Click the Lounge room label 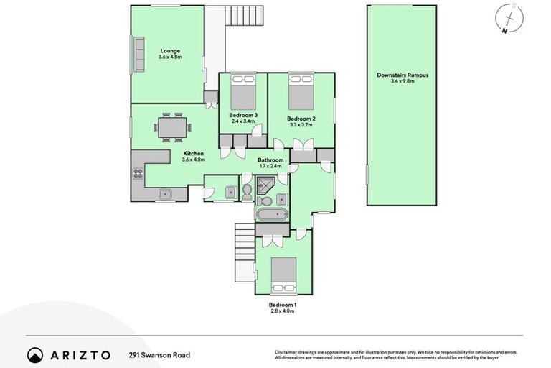170,51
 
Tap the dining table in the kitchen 173,129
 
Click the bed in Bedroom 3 242,93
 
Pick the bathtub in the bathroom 271,215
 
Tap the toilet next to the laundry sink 247,190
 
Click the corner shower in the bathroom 267,185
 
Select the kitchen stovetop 136,173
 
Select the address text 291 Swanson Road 159,354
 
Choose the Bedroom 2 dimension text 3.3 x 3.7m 301,125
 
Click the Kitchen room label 194,153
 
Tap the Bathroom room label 271,160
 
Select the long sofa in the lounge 135,54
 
